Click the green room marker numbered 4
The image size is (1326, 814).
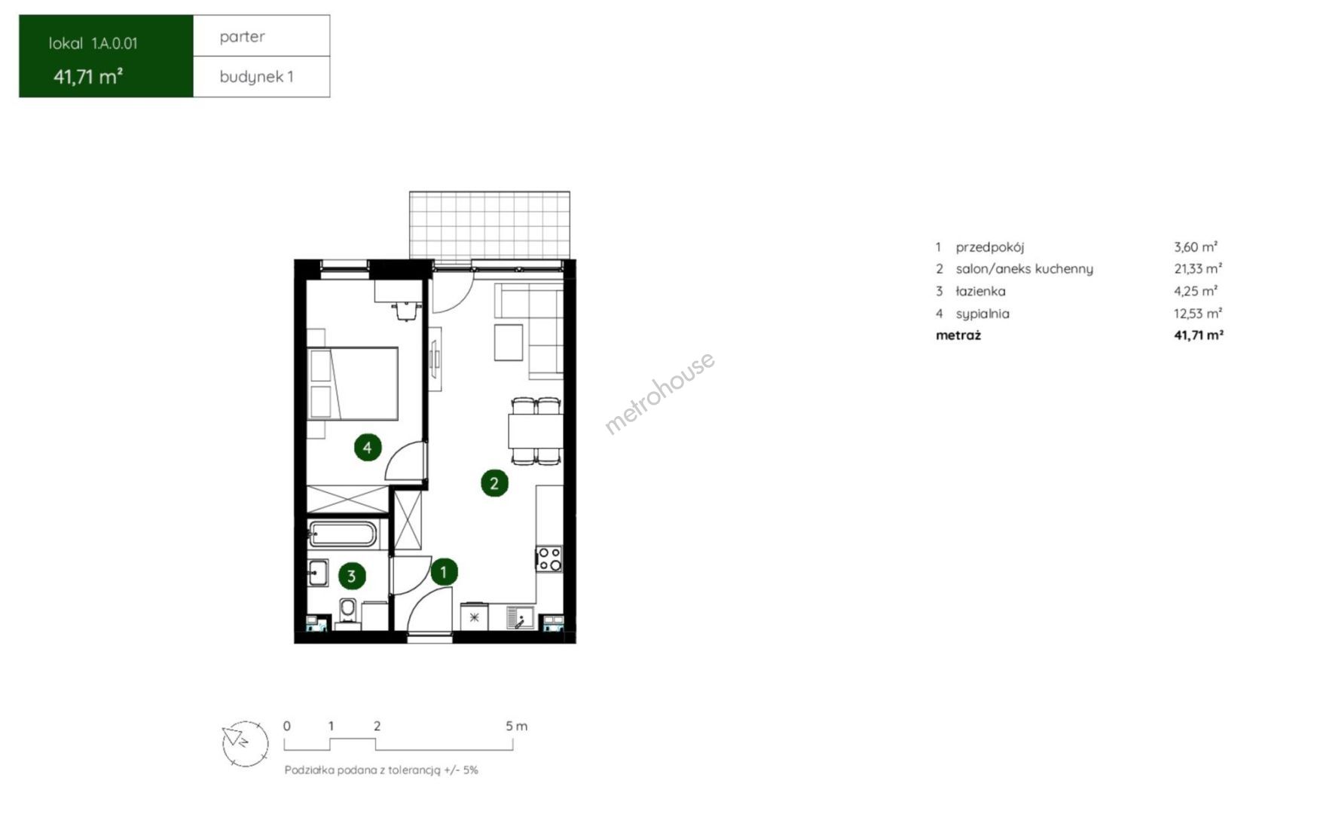click(367, 448)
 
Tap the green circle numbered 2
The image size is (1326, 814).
click(494, 483)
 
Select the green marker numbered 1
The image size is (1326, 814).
click(444, 572)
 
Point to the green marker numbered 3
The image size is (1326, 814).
click(351, 577)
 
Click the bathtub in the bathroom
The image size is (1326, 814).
click(343, 534)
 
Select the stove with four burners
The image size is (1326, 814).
click(549, 559)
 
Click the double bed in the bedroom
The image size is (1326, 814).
click(353, 384)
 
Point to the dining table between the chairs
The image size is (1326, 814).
click(535, 432)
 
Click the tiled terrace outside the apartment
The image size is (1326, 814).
click(490, 225)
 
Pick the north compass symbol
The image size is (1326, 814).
click(245, 743)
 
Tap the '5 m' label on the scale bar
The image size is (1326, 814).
click(517, 727)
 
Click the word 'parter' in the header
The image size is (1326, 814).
click(243, 36)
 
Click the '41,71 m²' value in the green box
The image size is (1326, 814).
click(88, 76)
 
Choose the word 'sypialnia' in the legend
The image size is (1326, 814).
click(982, 314)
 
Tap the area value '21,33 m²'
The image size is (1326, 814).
click(1198, 268)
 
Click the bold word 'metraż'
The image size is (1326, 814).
click(958, 335)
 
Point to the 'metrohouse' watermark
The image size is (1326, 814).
click(660, 393)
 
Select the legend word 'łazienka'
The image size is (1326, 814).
click(980, 291)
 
